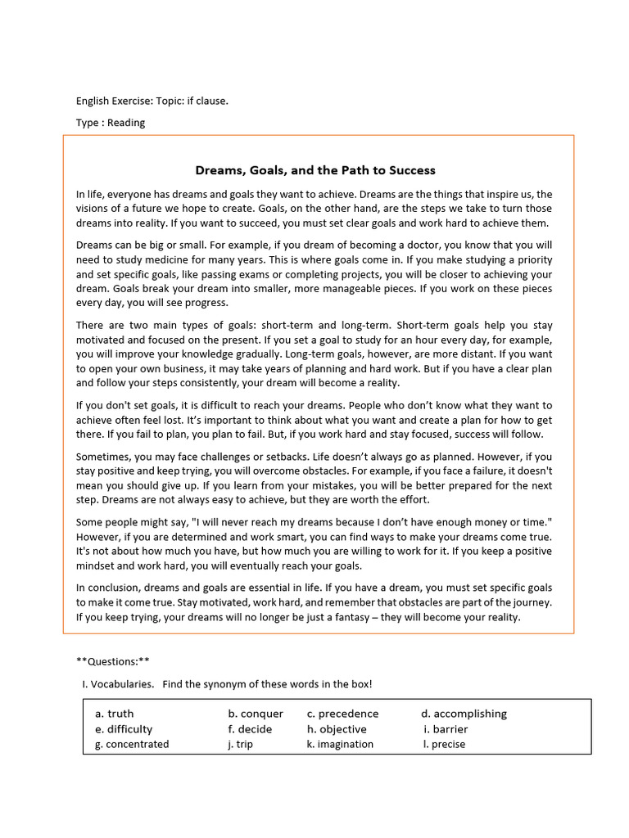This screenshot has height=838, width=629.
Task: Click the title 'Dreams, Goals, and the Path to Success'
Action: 314,170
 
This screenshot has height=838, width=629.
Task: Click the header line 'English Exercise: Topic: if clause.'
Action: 152,101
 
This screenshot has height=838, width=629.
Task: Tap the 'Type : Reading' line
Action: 111,123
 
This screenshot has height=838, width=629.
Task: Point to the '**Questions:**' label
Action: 113,661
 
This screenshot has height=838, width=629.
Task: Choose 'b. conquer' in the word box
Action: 256,714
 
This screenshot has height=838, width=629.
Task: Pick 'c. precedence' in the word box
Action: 342,714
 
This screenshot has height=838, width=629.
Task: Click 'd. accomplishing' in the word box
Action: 464,714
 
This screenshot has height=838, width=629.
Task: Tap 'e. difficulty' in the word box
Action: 124,729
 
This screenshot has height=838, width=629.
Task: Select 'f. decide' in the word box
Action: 250,729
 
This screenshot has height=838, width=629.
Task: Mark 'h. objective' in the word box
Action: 337,729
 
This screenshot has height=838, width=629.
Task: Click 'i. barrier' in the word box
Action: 446,729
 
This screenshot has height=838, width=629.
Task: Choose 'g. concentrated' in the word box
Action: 132,744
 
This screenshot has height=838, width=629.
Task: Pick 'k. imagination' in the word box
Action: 340,744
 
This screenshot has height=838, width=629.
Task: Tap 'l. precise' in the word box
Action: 444,744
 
